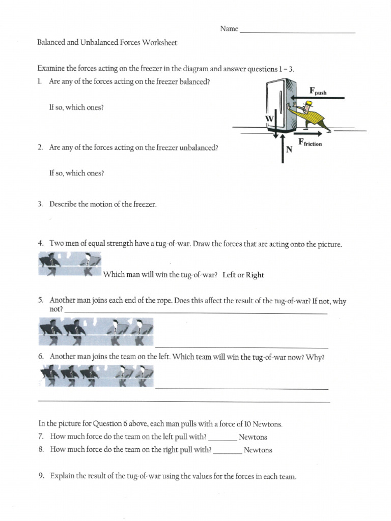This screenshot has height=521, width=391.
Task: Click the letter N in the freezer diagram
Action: click(x=289, y=150)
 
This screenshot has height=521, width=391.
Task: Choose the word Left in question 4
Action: click(x=230, y=275)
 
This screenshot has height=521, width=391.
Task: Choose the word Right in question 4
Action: click(x=255, y=275)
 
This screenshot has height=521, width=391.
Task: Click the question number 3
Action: click(x=40, y=205)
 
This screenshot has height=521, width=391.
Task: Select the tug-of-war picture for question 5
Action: click(x=95, y=331)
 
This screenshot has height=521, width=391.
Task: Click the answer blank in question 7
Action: click(x=222, y=437)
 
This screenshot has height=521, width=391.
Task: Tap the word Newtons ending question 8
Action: click(x=258, y=450)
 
